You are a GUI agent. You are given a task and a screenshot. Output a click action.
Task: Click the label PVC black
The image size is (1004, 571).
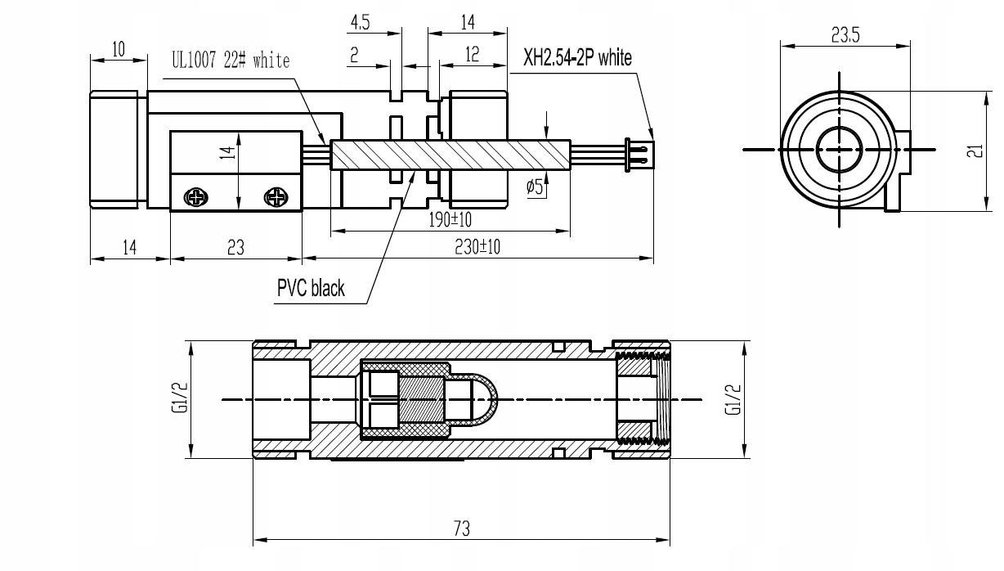point(310,288)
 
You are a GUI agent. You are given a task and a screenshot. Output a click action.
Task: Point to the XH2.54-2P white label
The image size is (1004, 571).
point(577,57)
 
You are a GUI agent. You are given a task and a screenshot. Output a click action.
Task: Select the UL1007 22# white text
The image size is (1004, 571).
point(230,61)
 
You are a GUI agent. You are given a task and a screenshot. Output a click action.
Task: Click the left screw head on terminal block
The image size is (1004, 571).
point(196,196)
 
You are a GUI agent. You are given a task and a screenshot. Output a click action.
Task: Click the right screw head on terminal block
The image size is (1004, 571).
point(276,196)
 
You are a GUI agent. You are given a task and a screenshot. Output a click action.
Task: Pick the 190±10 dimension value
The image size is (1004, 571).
point(450,219)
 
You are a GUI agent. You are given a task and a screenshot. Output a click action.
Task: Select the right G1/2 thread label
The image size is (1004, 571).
point(733,399)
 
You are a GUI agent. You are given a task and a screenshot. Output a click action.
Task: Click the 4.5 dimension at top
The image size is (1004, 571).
point(360,22)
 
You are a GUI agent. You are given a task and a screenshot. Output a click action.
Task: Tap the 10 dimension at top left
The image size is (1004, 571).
point(118,49)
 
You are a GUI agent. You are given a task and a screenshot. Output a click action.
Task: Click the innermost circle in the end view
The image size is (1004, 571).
point(840,150)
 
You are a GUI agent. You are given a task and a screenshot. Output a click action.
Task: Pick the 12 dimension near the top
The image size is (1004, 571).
point(472,55)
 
